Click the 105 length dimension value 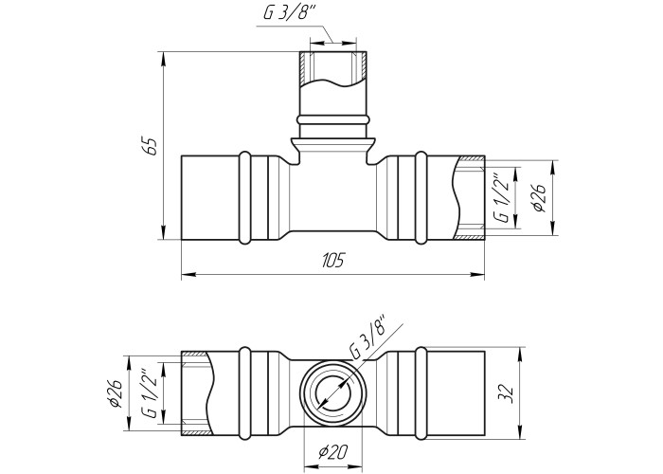click(x=333, y=261)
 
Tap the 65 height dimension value click(x=152, y=146)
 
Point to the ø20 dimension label click(x=332, y=453)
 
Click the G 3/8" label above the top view click(x=290, y=12)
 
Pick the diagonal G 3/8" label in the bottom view click(x=367, y=337)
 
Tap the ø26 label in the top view click(x=540, y=197)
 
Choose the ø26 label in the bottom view click(x=115, y=393)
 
